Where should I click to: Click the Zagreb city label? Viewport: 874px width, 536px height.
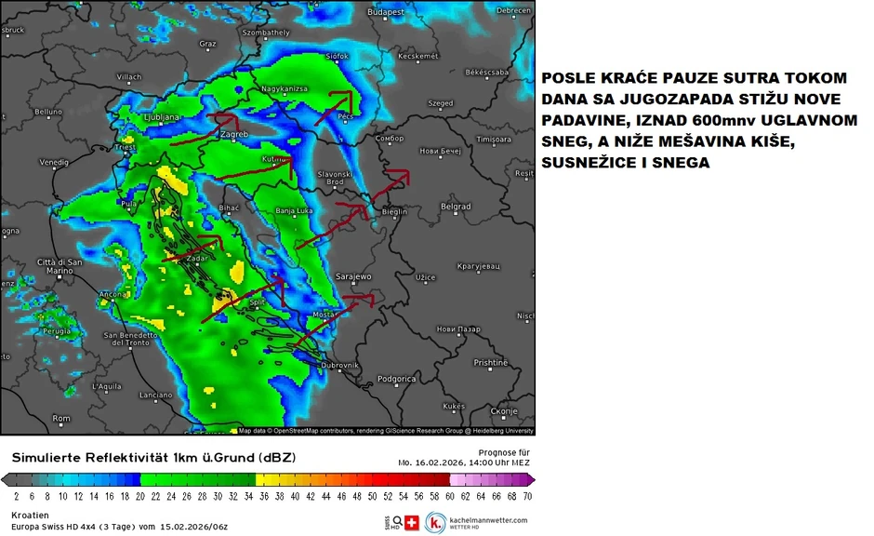point(232,135)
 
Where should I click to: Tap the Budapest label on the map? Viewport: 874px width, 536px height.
point(387,12)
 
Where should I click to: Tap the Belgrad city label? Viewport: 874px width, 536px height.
point(455,207)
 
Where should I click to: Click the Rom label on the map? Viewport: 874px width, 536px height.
point(61,419)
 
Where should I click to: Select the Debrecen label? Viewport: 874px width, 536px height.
point(513,10)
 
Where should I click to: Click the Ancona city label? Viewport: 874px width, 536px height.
point(113,295)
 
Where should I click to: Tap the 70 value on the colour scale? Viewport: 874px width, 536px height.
point(527,497)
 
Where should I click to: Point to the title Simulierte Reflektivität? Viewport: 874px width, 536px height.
point(102,458)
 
